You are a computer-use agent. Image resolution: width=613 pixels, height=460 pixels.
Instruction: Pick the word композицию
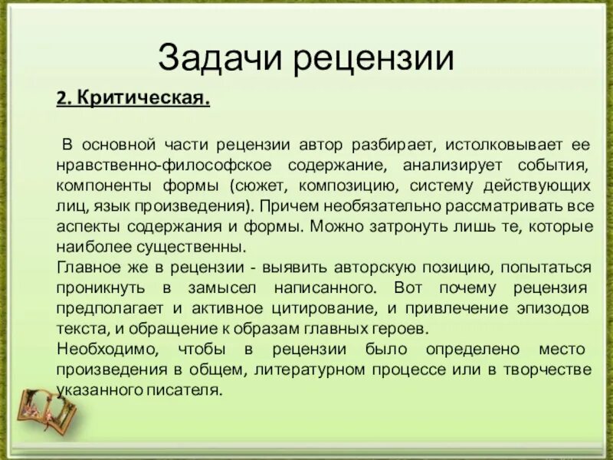[x=355, y=186]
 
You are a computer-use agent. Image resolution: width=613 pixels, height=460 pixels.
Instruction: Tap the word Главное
[x=87, y=268]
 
